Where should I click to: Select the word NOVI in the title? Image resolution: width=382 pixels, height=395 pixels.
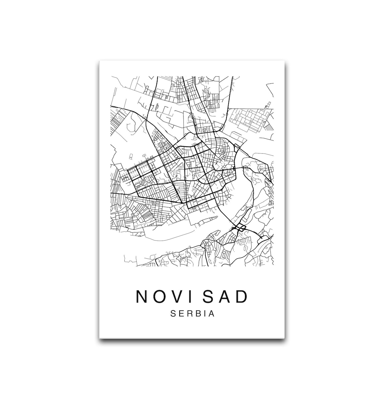(x=166, y=297)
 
